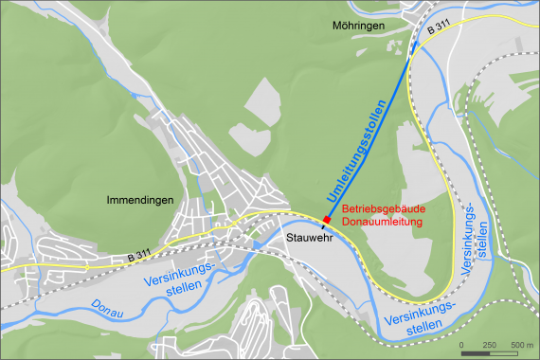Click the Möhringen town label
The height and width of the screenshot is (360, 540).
(x=360, y=26)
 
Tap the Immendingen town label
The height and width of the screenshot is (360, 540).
(x=140, y=200)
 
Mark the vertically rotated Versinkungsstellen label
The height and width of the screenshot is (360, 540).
(x=476, y=238)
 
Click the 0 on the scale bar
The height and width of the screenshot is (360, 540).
(x=461, y=344)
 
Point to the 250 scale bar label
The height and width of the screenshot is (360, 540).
(x=489, y=344)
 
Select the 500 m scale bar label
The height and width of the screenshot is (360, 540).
(x=521, y=344)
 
